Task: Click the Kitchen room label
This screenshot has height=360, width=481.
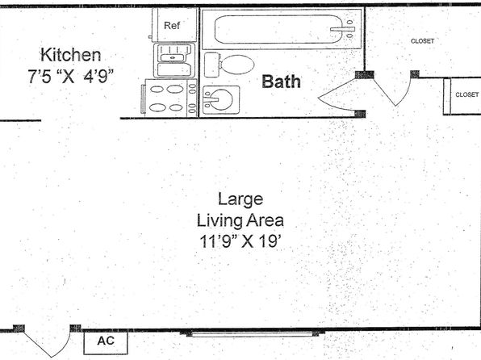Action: click(70, 55)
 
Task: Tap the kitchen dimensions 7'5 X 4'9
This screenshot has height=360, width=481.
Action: click(71, 76)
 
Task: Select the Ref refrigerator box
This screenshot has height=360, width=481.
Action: click(174, 25)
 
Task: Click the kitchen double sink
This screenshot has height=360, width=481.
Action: click(174, 61)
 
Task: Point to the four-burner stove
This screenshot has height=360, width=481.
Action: click(169, 98)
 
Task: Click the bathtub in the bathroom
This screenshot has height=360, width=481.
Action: click(281, 29)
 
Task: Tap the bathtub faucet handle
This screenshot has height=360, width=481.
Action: click(342, 30)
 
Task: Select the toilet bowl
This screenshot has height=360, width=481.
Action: click(236, 65)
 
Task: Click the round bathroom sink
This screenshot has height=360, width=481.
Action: click(221, 100)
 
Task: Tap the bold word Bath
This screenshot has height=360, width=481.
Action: click(281, 82)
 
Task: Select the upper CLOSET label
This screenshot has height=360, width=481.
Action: click(422, 41)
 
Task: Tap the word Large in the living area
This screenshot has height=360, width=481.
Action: click(240, 199)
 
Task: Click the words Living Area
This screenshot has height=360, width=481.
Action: click(240, 220)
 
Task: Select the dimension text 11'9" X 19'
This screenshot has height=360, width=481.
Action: click(240, 241)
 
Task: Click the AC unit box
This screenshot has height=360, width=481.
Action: click(106, 342)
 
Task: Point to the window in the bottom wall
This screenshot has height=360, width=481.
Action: click(253, 333)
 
